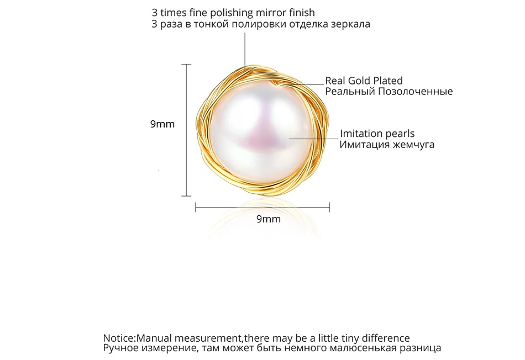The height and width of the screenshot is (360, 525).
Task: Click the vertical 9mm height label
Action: click(x=162, y=124)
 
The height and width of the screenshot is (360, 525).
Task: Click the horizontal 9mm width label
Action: click(x=269, y=219)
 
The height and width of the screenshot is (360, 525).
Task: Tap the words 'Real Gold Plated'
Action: click(x=364, y=81)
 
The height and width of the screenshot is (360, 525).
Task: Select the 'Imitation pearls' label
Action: click(x=377, y=134)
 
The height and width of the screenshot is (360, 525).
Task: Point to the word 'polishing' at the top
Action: click(x=232, y=13)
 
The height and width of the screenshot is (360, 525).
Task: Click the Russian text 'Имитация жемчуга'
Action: click(x=387, y=145)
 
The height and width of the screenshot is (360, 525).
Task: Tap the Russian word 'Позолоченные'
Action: click(x=416, y=91)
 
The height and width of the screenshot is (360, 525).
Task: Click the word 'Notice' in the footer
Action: click(x=118, y=338)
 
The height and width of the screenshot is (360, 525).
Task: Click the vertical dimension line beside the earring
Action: click(x=186, y=130)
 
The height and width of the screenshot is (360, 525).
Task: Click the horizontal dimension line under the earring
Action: click(x=262, y=208)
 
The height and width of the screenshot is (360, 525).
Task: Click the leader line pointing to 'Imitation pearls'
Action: click(x=313, y=138)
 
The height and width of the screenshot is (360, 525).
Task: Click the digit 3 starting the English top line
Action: click(x=155, y=13)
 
